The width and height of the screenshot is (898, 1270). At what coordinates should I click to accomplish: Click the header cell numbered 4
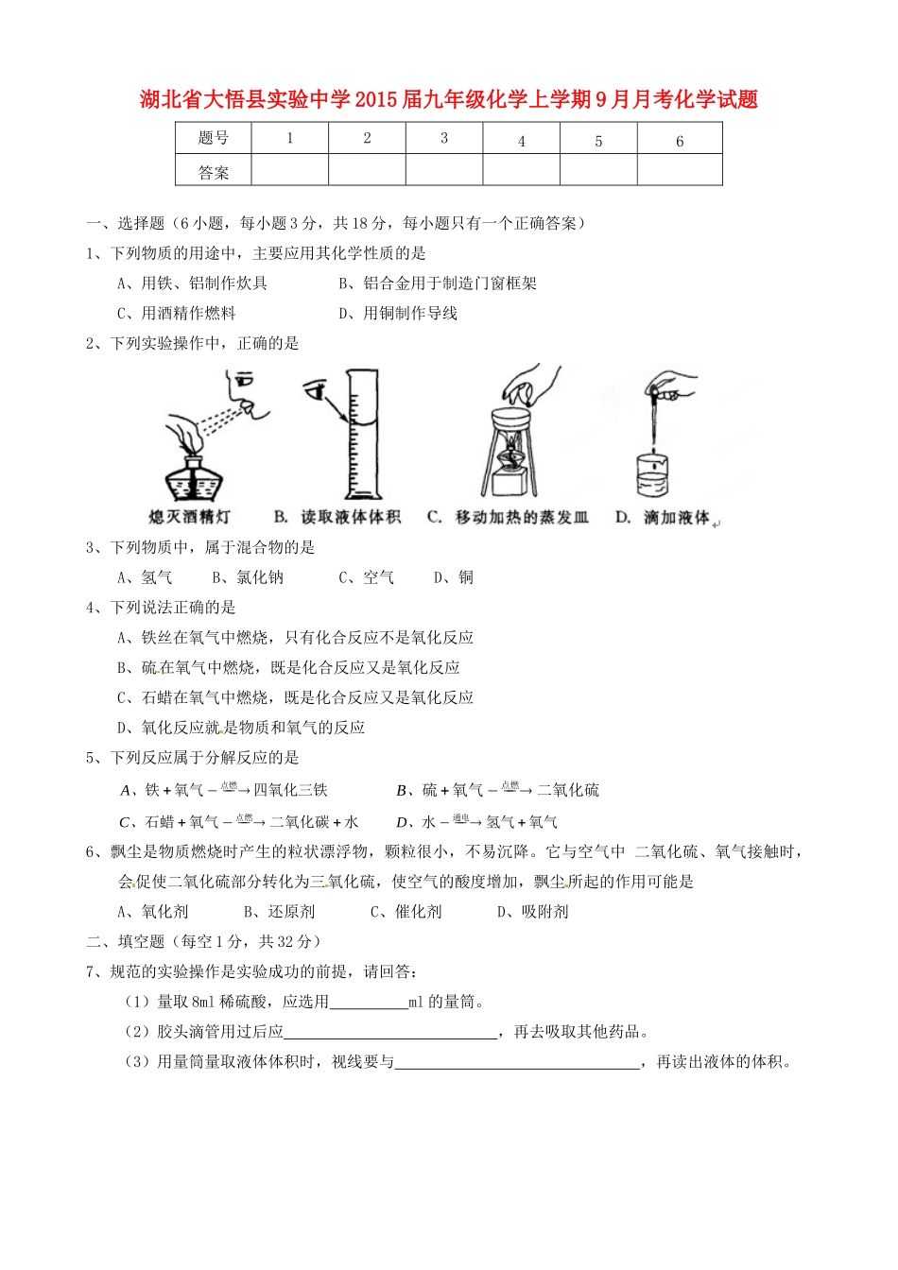pos(521,140)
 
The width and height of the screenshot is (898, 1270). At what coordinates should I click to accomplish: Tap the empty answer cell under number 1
pos(289,170)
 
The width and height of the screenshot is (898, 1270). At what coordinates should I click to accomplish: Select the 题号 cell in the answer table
pos(214,139)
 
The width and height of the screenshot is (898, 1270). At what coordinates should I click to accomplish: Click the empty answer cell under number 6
pos(679,170)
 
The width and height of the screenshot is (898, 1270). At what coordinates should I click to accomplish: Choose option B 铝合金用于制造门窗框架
pos(438,283)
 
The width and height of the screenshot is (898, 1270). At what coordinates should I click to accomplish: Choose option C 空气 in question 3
pos(367,577)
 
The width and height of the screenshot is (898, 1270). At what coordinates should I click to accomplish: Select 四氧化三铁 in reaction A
pos(290,790)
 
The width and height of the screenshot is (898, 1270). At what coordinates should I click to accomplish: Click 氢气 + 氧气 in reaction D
pos(521,822)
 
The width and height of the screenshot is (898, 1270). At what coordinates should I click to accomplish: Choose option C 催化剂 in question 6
pos(406,912)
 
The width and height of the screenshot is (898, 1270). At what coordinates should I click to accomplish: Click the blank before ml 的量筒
pos(369,1002)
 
